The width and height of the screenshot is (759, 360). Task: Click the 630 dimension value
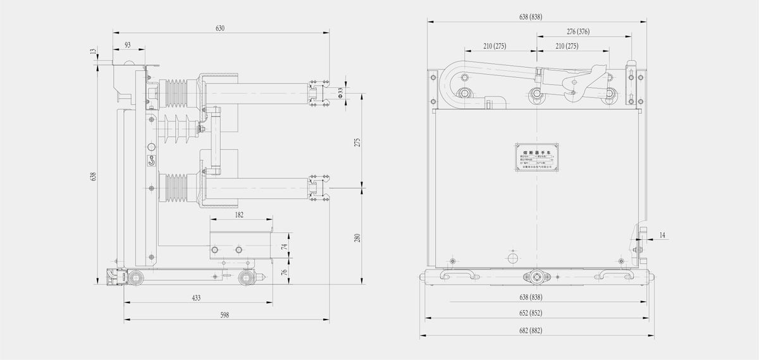[220, 28]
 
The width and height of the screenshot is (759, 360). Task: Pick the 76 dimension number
[285, 272]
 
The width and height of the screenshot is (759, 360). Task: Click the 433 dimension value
[197, 297]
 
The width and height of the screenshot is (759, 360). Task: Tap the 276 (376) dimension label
[577, 31]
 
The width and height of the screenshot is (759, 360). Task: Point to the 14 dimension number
[662, 235]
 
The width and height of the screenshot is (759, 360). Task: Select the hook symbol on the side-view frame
[151, 161]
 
